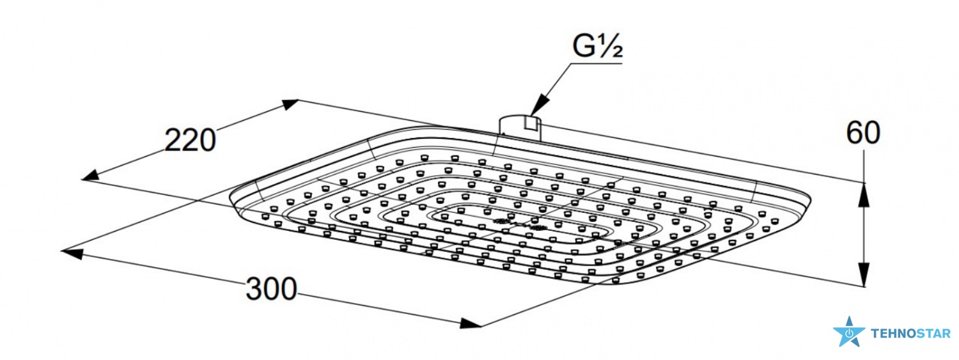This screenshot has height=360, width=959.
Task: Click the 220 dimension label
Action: (190, 141)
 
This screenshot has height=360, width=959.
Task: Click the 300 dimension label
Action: (272, 289)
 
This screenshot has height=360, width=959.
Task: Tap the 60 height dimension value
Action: (863, 133)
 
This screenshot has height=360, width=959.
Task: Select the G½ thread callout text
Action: (597, 47)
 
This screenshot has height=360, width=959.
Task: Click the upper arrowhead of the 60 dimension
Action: (864, 194)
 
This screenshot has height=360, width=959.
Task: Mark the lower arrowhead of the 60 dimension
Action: (864, 274)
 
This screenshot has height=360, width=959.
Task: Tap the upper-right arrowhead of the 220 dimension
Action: (290, 104)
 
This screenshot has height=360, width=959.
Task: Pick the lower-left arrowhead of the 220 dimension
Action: (91, 175)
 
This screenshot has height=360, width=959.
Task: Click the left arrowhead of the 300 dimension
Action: (72, 253)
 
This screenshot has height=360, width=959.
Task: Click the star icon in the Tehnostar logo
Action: (849, 332)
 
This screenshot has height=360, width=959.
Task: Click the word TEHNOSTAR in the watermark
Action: (910, 333)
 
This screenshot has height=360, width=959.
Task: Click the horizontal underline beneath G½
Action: (596, 64)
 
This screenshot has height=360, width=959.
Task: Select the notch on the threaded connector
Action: (531, 123)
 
